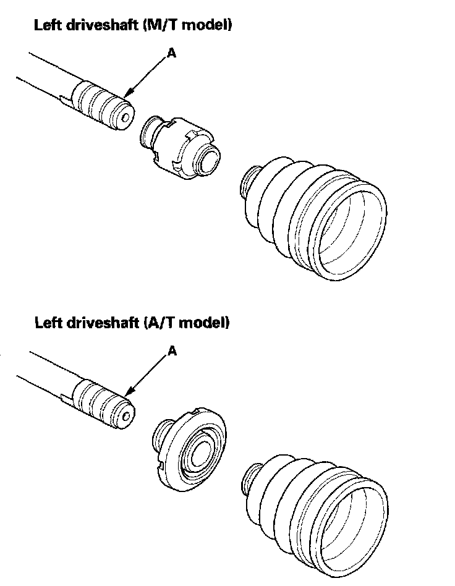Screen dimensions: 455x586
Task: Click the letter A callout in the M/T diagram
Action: click(x=172, y=54)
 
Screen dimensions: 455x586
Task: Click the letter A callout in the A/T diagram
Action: click(x=172, y=351)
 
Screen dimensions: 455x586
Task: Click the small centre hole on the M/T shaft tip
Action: click(x=125, y=116)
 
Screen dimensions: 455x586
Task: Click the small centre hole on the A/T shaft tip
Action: click(x=127, y=415)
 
